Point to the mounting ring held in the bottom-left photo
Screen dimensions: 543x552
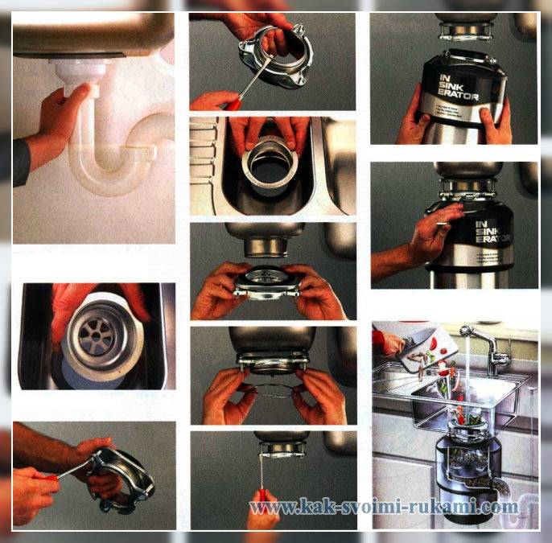pos(121,479)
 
